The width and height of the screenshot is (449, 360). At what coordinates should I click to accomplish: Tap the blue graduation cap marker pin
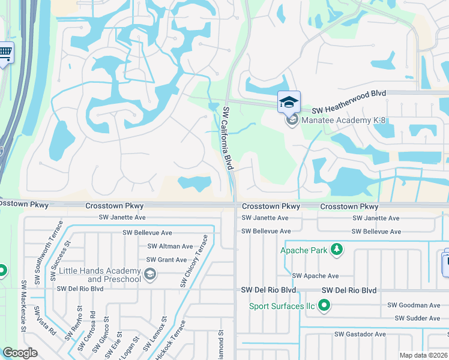289,101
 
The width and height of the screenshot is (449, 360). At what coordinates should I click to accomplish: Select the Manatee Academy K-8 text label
343,121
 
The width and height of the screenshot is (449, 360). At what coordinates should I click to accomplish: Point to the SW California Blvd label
227,137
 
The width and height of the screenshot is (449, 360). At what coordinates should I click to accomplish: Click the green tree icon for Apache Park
337,249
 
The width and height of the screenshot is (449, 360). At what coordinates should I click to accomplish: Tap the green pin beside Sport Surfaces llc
325,307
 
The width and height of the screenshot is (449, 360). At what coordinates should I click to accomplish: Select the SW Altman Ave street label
170,247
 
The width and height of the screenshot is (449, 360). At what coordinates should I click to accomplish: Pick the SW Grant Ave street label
167,260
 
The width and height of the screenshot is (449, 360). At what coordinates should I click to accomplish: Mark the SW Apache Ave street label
316,276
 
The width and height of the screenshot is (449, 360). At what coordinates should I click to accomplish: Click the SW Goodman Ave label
414,305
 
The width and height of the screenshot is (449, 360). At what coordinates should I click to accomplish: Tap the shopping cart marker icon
5,53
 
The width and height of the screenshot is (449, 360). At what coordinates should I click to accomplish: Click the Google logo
20,352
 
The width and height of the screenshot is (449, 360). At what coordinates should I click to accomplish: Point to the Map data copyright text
423,355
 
